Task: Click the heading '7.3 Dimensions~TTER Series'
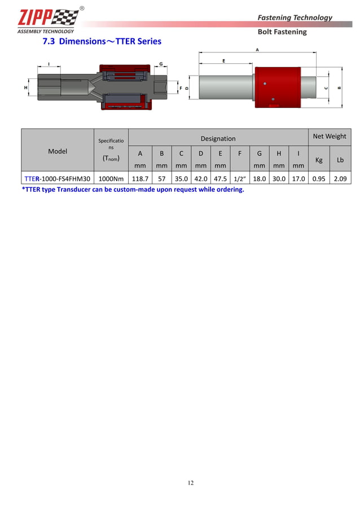pyautogui.click(x=102, y=41)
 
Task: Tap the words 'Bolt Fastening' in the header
pyautogui.click(x=282, y=32)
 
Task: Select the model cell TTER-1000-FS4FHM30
pyautogui.click(x=57, y=178)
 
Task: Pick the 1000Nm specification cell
pyautogui.click(x=111, y=178)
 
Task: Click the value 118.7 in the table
pyautogui.click(x=140, y=178)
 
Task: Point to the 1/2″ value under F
pyautogui.click(x=240, y=179)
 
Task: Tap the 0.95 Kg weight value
pyautogui.click(x=318, y=178)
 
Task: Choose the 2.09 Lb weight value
pyautogui.click(x=340, y=178)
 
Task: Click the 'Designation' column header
pyautogui.click(x=218, y=138)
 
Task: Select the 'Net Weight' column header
pyautogui.click(x=330, y=136)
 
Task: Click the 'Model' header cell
pyautogui.click(x=58, y=151)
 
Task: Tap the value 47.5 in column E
pyautogui.click(x=220, y=178)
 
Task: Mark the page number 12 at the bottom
pyautogui.click(x=191, y=482)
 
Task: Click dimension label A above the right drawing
pyautogui.click(x=257, y=50)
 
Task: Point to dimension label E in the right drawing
pyautogui.click(x=223, y=60)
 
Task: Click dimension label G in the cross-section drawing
pyautogui.click(x=161, y=64)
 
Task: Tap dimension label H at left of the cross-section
pyautogui.click(x=25, y=88)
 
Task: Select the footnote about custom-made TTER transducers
pyautogui.click(x=133, y=190)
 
